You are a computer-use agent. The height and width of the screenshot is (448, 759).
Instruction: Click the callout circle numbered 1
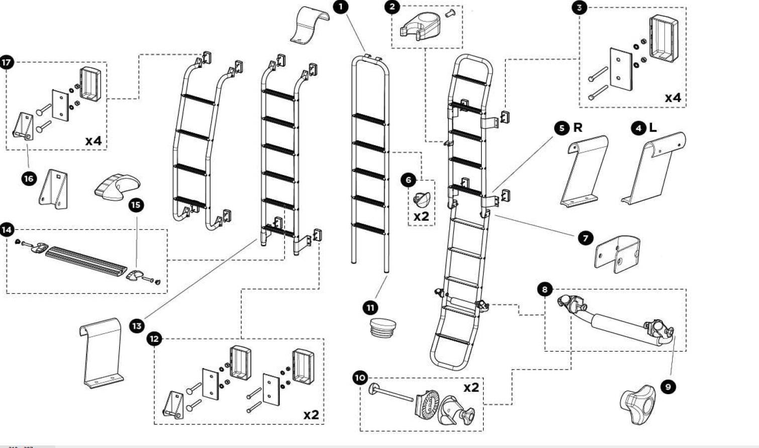click(x=341, y=7)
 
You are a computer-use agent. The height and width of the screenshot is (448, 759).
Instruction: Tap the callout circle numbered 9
click(x=668, y=387)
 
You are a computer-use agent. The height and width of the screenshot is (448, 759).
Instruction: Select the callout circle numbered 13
click(x=137, y=326)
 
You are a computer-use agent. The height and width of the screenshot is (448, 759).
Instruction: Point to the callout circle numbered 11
click(x=370, y=308)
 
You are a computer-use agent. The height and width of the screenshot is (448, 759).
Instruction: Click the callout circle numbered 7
click(x=585, y=237)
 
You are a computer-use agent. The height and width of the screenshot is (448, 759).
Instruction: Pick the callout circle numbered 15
click(x=136, y=205)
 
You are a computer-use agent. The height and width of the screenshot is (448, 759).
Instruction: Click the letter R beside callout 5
click(x=578, y=128)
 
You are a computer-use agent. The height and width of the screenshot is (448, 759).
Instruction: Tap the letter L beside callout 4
click(x=652, y=128)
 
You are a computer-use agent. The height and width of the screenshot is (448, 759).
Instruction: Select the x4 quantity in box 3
click(x=673, y=98)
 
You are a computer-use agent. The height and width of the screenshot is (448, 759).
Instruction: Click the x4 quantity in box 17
click(x=93, y=141)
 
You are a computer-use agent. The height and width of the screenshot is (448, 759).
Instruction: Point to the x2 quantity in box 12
click(x=311, y=415)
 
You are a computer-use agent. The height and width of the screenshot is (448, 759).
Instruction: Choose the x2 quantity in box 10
click(x=471, y=388)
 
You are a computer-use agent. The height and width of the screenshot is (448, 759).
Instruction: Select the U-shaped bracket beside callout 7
click(x=618, y=253)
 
